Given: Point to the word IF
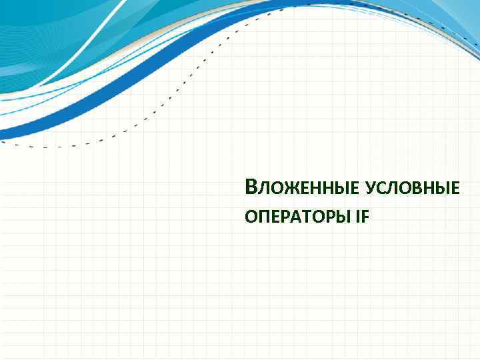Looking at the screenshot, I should (x=361, y=216).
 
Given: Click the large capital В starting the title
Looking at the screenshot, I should (x=250, y=188).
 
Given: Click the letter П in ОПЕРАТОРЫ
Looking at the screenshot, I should (x=261, y=216).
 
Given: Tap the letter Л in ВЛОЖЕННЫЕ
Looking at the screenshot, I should (x=260, y=190).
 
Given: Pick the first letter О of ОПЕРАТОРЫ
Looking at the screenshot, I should (x=250, y=216).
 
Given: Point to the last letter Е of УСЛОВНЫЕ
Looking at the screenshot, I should (x=455, y=190).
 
